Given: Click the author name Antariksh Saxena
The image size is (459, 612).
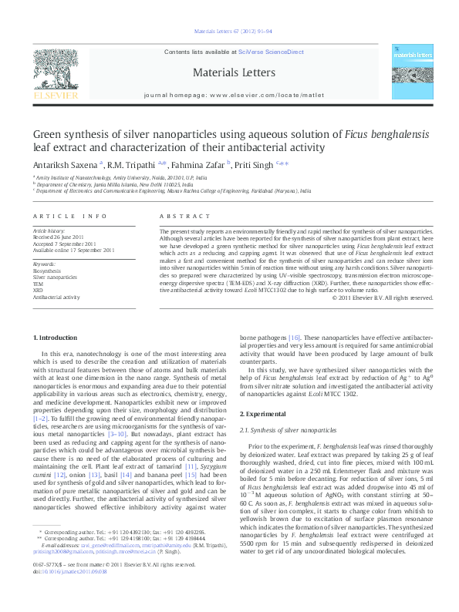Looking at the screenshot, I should coord(64,163).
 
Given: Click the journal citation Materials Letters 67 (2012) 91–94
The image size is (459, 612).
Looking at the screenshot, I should coord(229,32).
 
